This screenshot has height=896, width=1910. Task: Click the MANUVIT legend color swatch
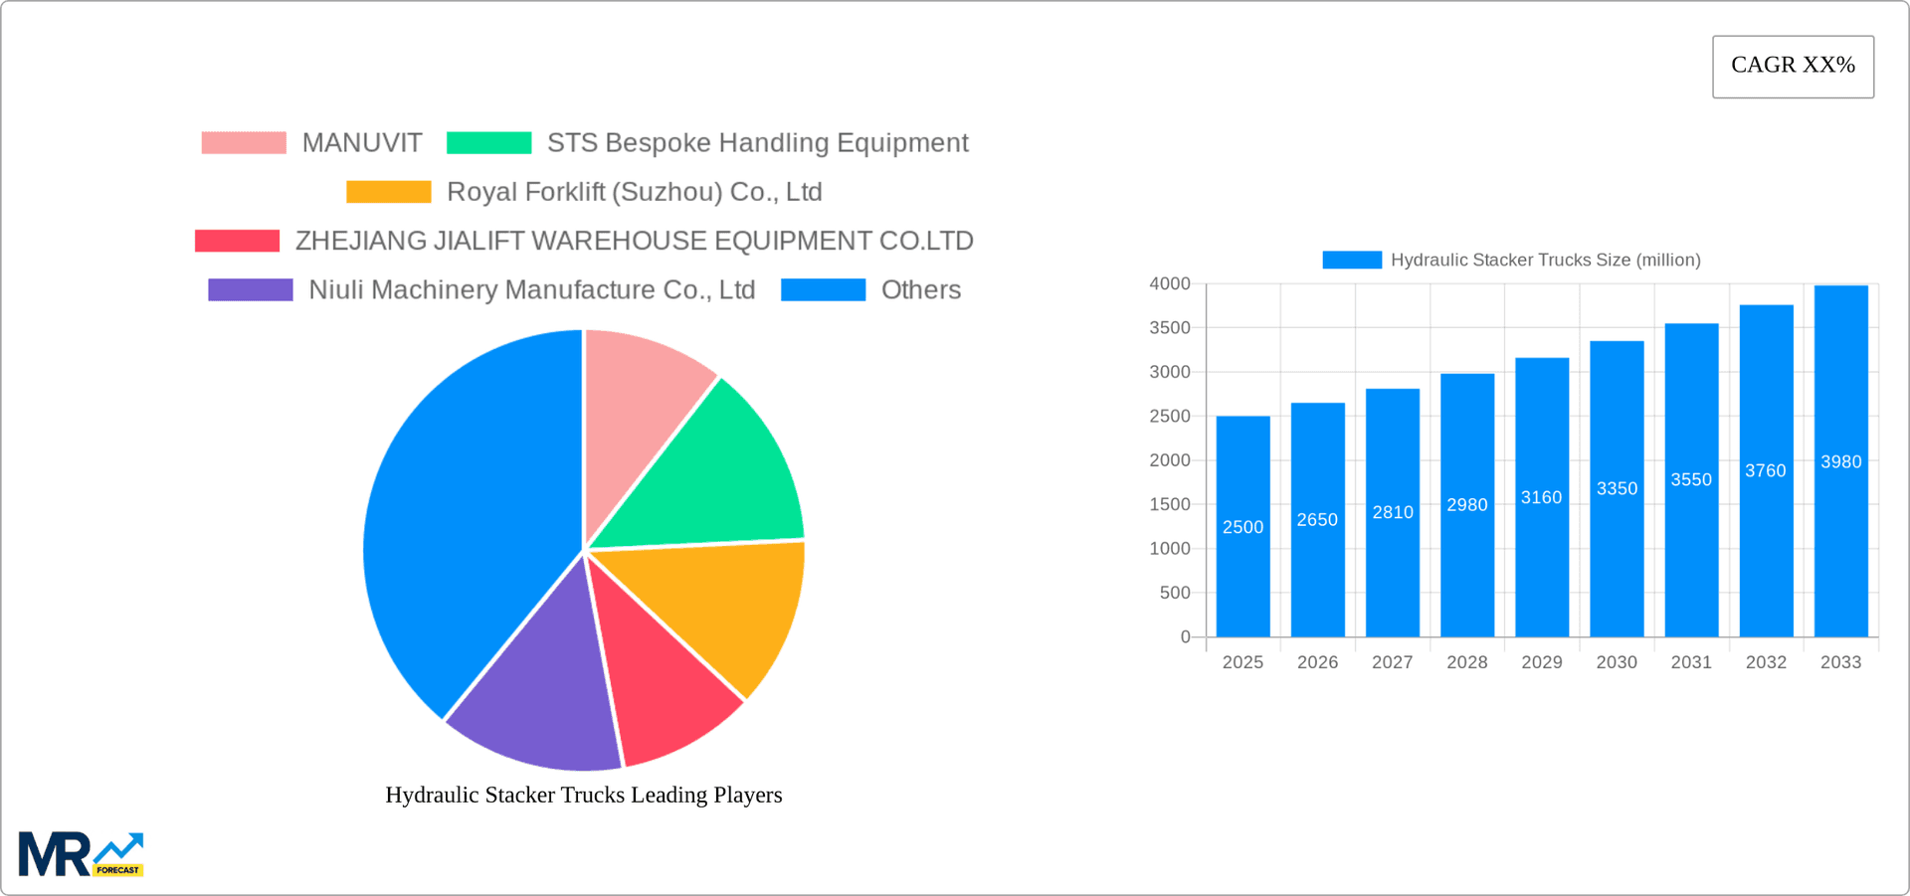[x=244, y=143]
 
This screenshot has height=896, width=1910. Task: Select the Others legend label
[x=920, y=290]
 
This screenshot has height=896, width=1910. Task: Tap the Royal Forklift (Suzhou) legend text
[x=634, y=192]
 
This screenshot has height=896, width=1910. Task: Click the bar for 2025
[x=1242, y=577]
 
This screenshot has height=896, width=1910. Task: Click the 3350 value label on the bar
[x=1617, y=488]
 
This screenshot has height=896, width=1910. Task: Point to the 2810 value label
[x=1393, y=512]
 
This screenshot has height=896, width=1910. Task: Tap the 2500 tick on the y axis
[x=1170, y=416]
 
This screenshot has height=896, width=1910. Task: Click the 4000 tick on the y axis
[x=1170, y=283]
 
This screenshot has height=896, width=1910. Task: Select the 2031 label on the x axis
[x=1691, y=662]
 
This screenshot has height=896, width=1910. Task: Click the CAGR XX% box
[x=1793, y=67]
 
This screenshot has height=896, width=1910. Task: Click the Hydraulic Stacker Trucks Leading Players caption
[x=584, y=795]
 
